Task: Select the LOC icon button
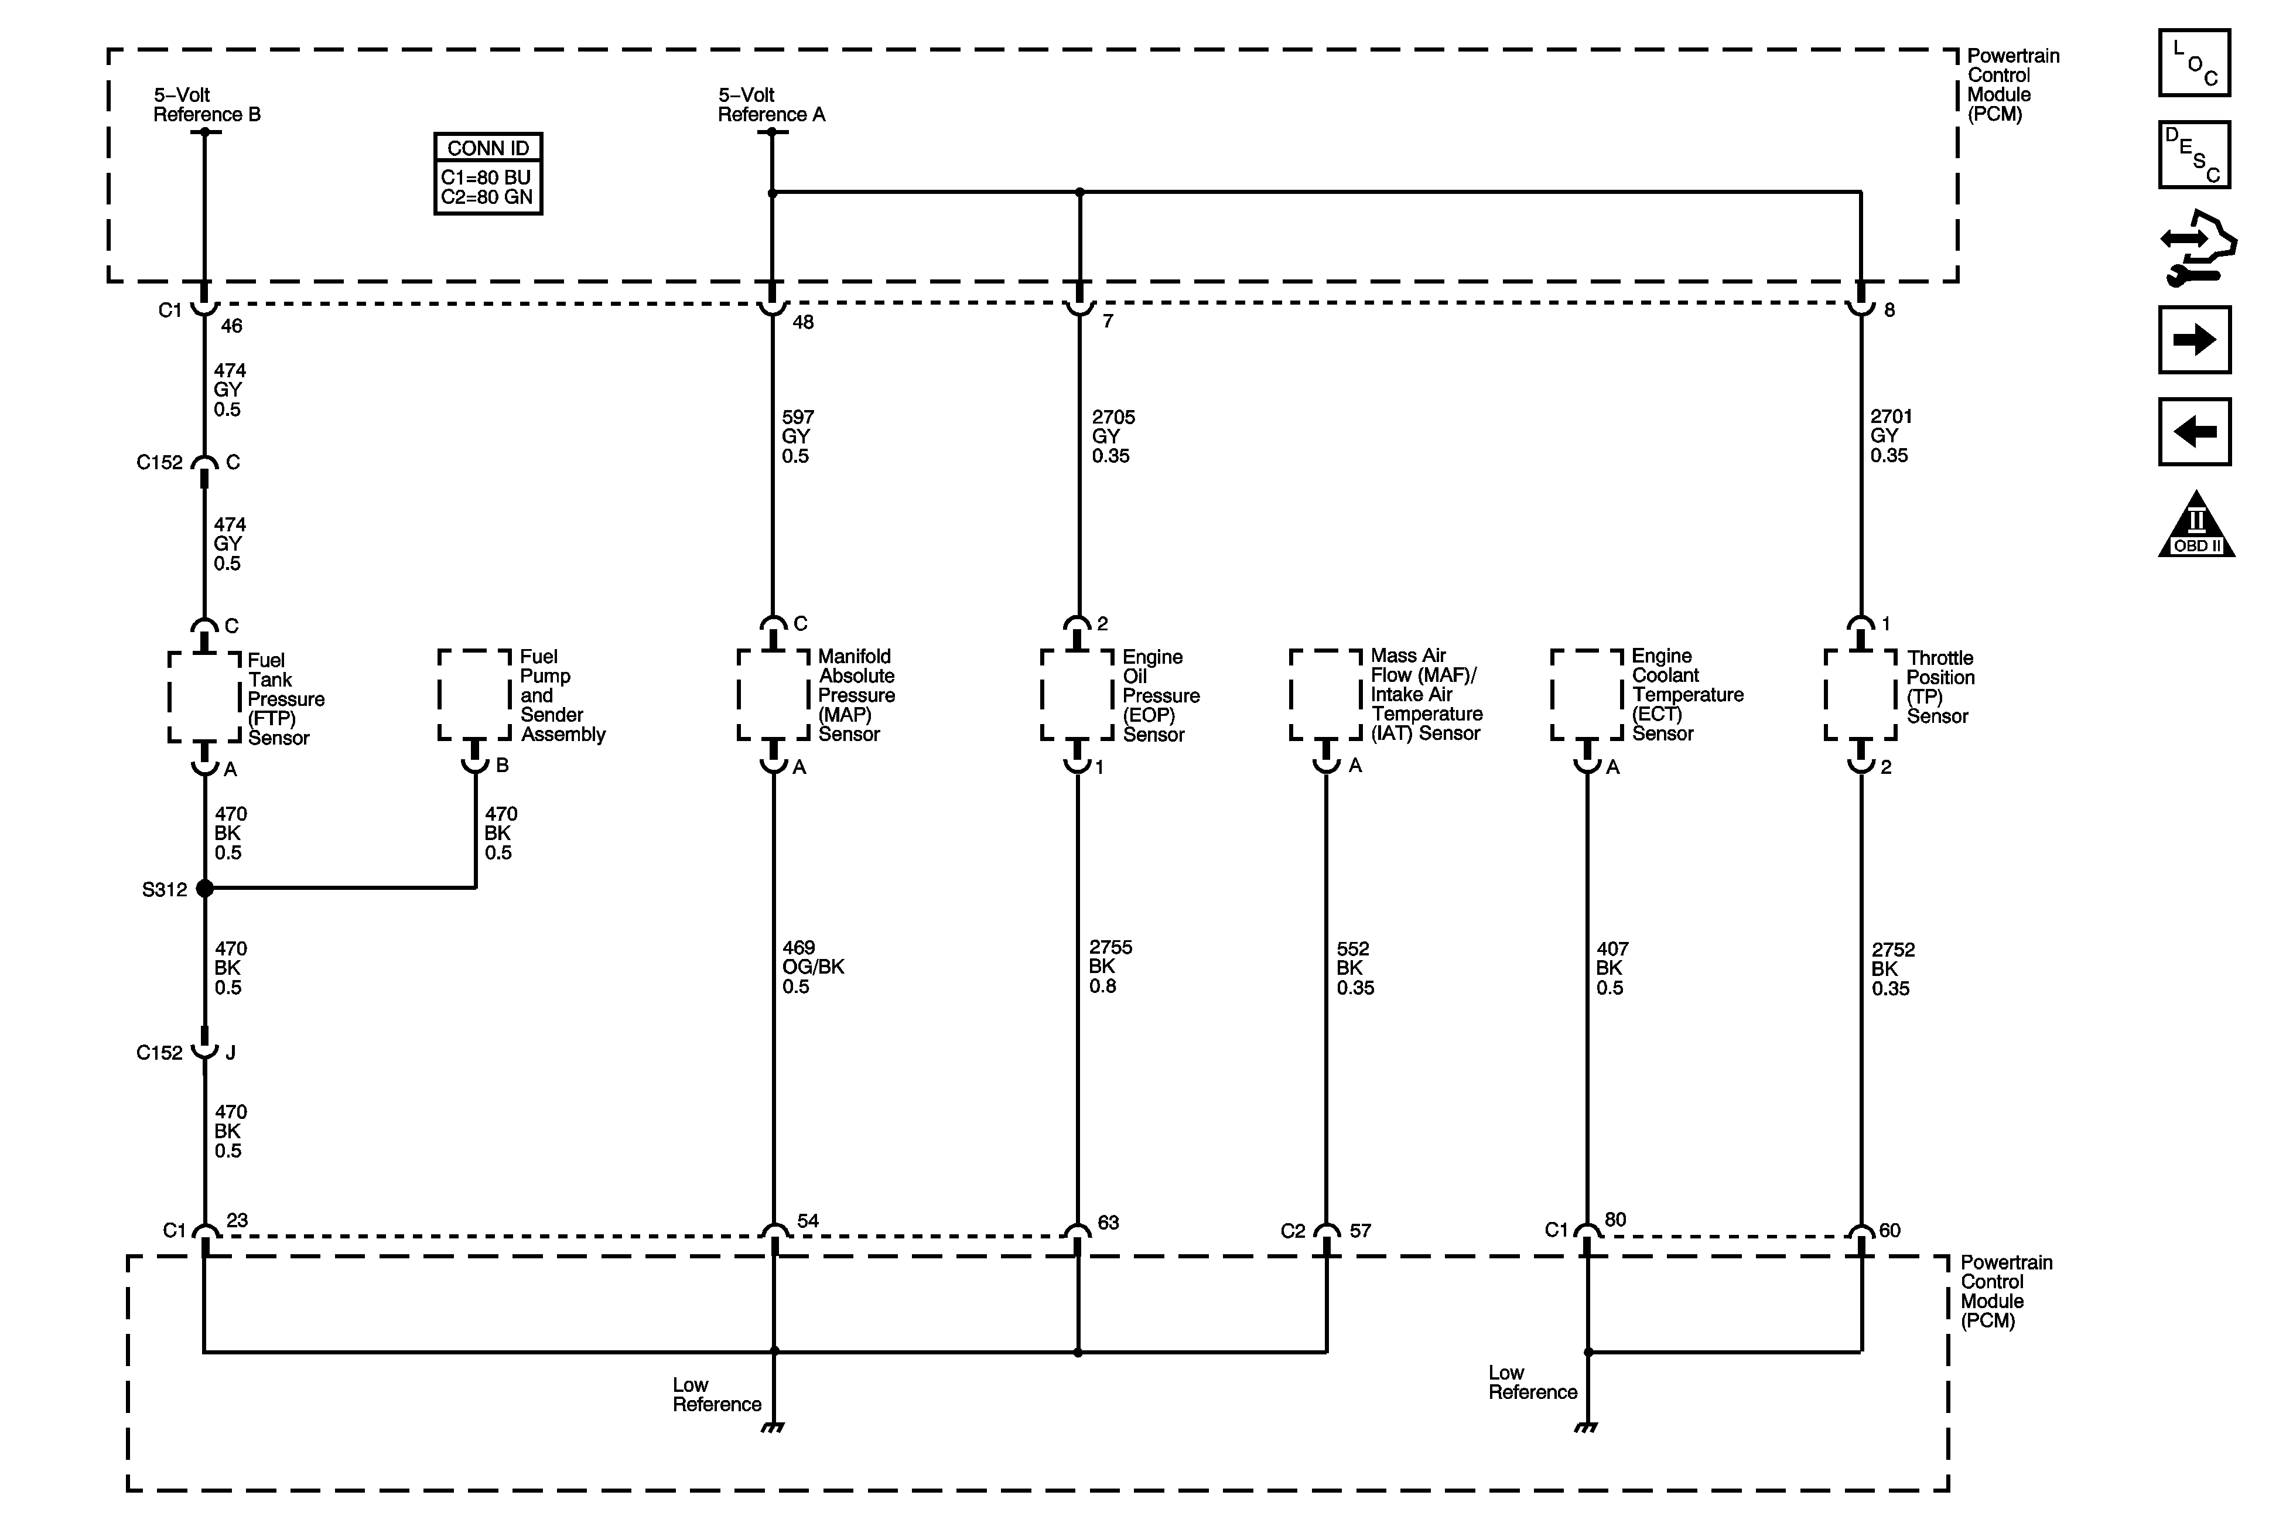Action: (2194, 63)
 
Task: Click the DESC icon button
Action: (2194, 154)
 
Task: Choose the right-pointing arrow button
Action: (2194, 340)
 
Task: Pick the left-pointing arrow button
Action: (2194, 431)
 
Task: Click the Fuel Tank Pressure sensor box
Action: (205, 696)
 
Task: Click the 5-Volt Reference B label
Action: (206, 104)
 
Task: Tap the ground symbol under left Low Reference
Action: (773, 1428)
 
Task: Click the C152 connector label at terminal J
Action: (159, 1053)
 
